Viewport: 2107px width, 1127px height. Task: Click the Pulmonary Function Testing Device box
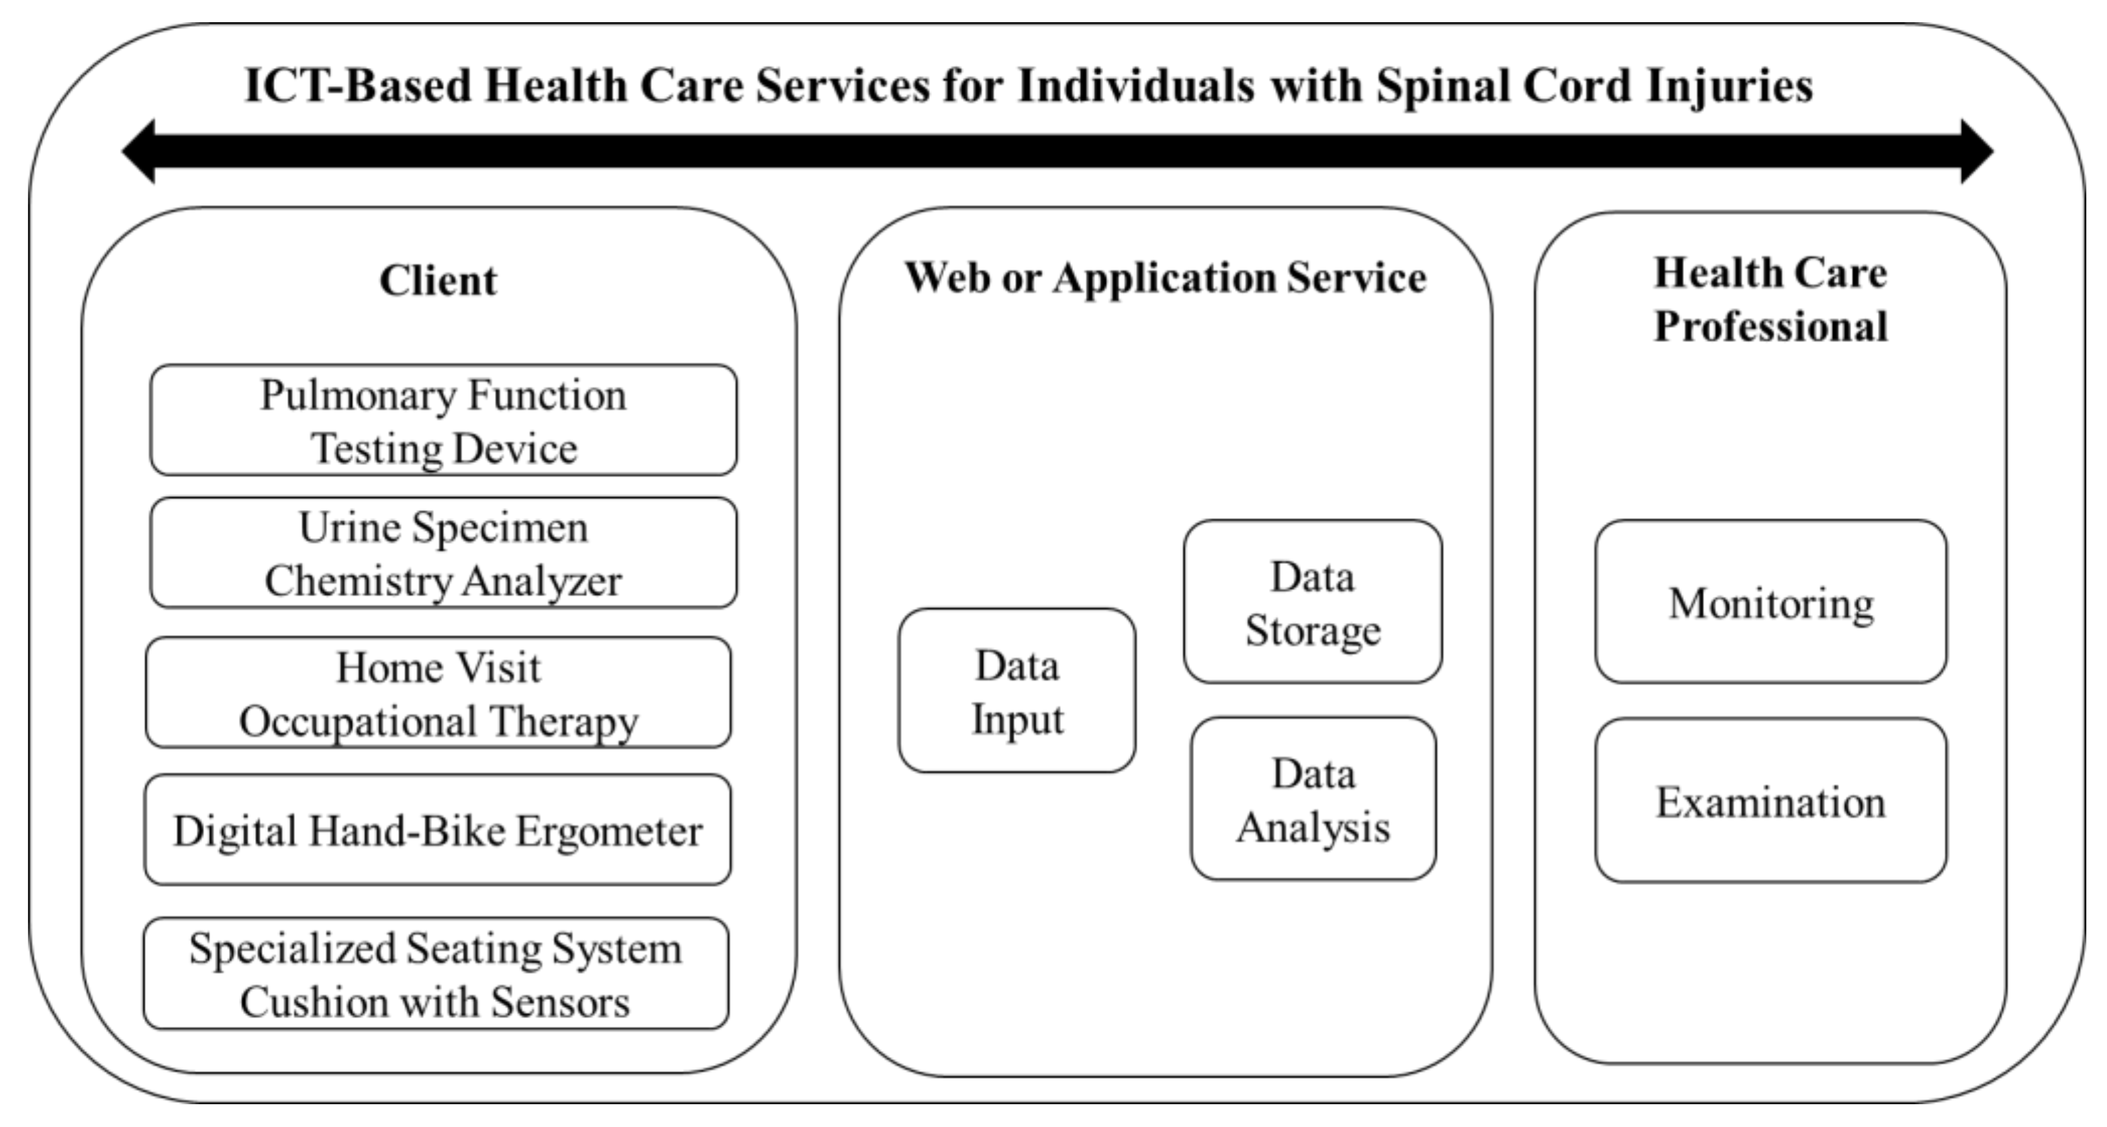(443, 421)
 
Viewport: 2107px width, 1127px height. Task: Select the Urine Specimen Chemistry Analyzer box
(443, 553)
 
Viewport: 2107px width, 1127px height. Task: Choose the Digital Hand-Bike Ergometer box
(438, 830)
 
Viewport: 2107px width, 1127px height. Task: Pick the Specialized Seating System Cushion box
(436, 974)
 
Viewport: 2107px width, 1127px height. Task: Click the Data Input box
(1017, 691)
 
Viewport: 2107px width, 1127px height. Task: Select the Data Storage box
(1313, 602)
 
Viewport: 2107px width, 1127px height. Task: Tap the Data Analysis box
(1313, 800)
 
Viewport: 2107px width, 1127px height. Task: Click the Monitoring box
(1771, 602)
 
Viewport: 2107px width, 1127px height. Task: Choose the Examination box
(1771, 801)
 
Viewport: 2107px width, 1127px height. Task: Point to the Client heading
(438, 281)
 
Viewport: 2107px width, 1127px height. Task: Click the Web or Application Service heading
(1165, 278)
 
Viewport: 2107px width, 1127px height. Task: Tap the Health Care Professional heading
(1771, 300)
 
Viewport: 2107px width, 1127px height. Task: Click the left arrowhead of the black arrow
(139, 151)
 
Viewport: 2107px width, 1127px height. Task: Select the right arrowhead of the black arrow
(1976, 151)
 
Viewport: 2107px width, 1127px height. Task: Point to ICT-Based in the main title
(357, 86)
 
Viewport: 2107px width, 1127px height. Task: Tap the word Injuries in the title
(1729, 86)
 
